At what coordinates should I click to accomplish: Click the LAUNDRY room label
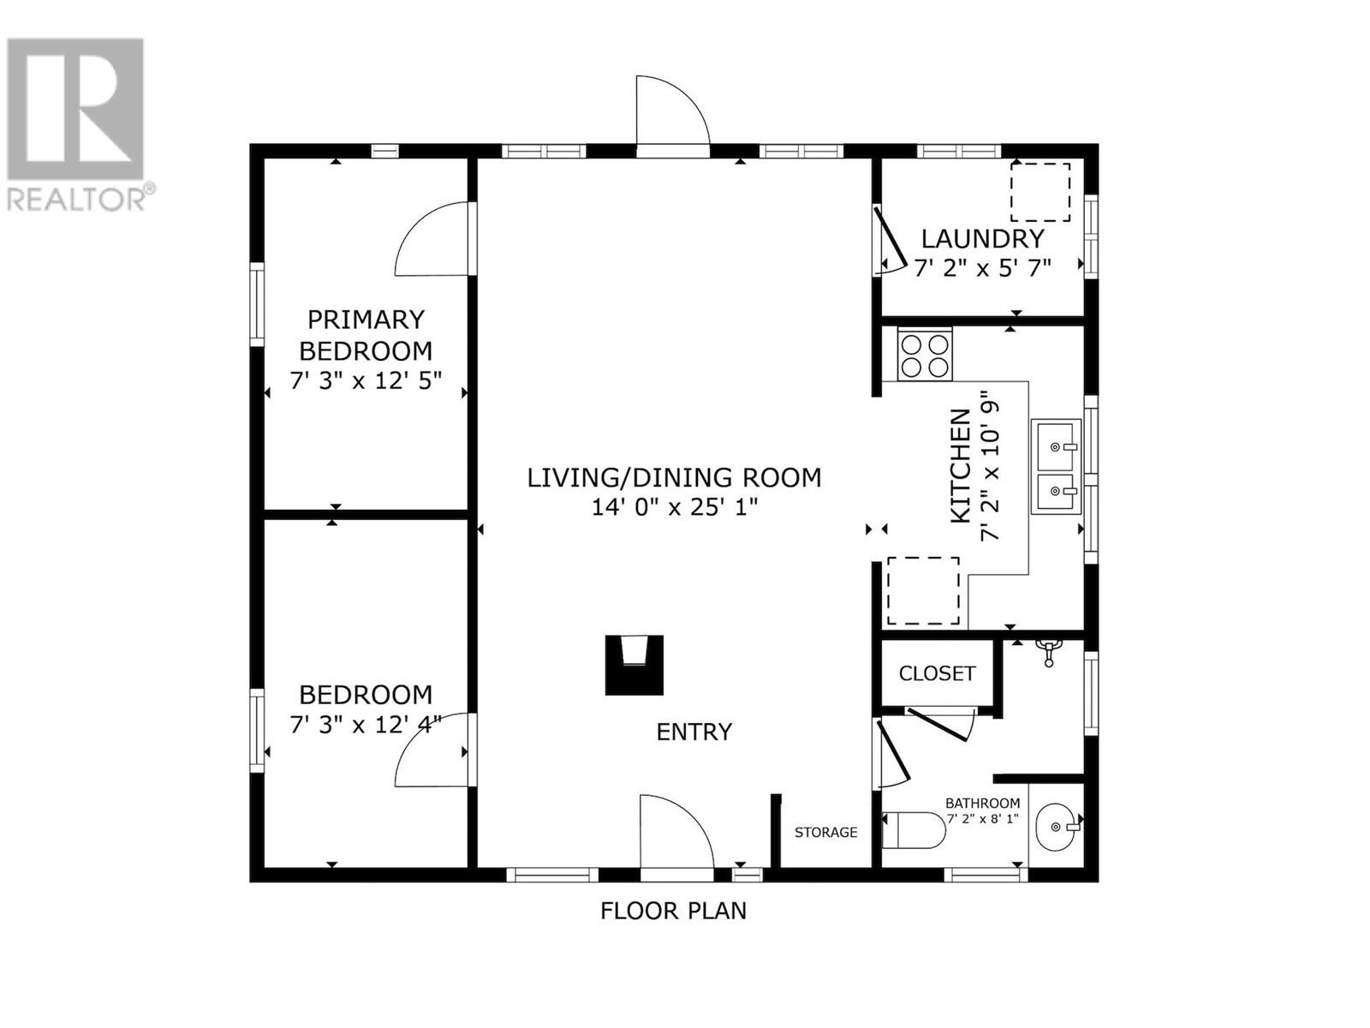click(982, 239)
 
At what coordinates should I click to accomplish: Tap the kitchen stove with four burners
click(925, 356)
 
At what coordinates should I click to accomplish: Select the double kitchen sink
click(1056, 466)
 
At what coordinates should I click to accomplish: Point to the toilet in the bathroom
click(914, 830)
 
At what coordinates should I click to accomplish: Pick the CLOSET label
click(937, 673)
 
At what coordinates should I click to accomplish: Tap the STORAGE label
click(825, 832)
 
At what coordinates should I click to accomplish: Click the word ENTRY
click(694, 732)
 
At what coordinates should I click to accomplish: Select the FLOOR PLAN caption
click(674, 911)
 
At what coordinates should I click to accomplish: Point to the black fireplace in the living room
click(634, 665)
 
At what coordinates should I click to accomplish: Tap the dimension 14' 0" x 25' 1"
click(675, 507)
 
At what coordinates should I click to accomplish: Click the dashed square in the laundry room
click(1039, 192)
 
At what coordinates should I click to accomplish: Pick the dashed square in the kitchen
click(923, 590)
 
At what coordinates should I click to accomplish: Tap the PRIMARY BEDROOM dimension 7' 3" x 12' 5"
click(366, 380)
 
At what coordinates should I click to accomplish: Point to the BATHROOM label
click(982, 804)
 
